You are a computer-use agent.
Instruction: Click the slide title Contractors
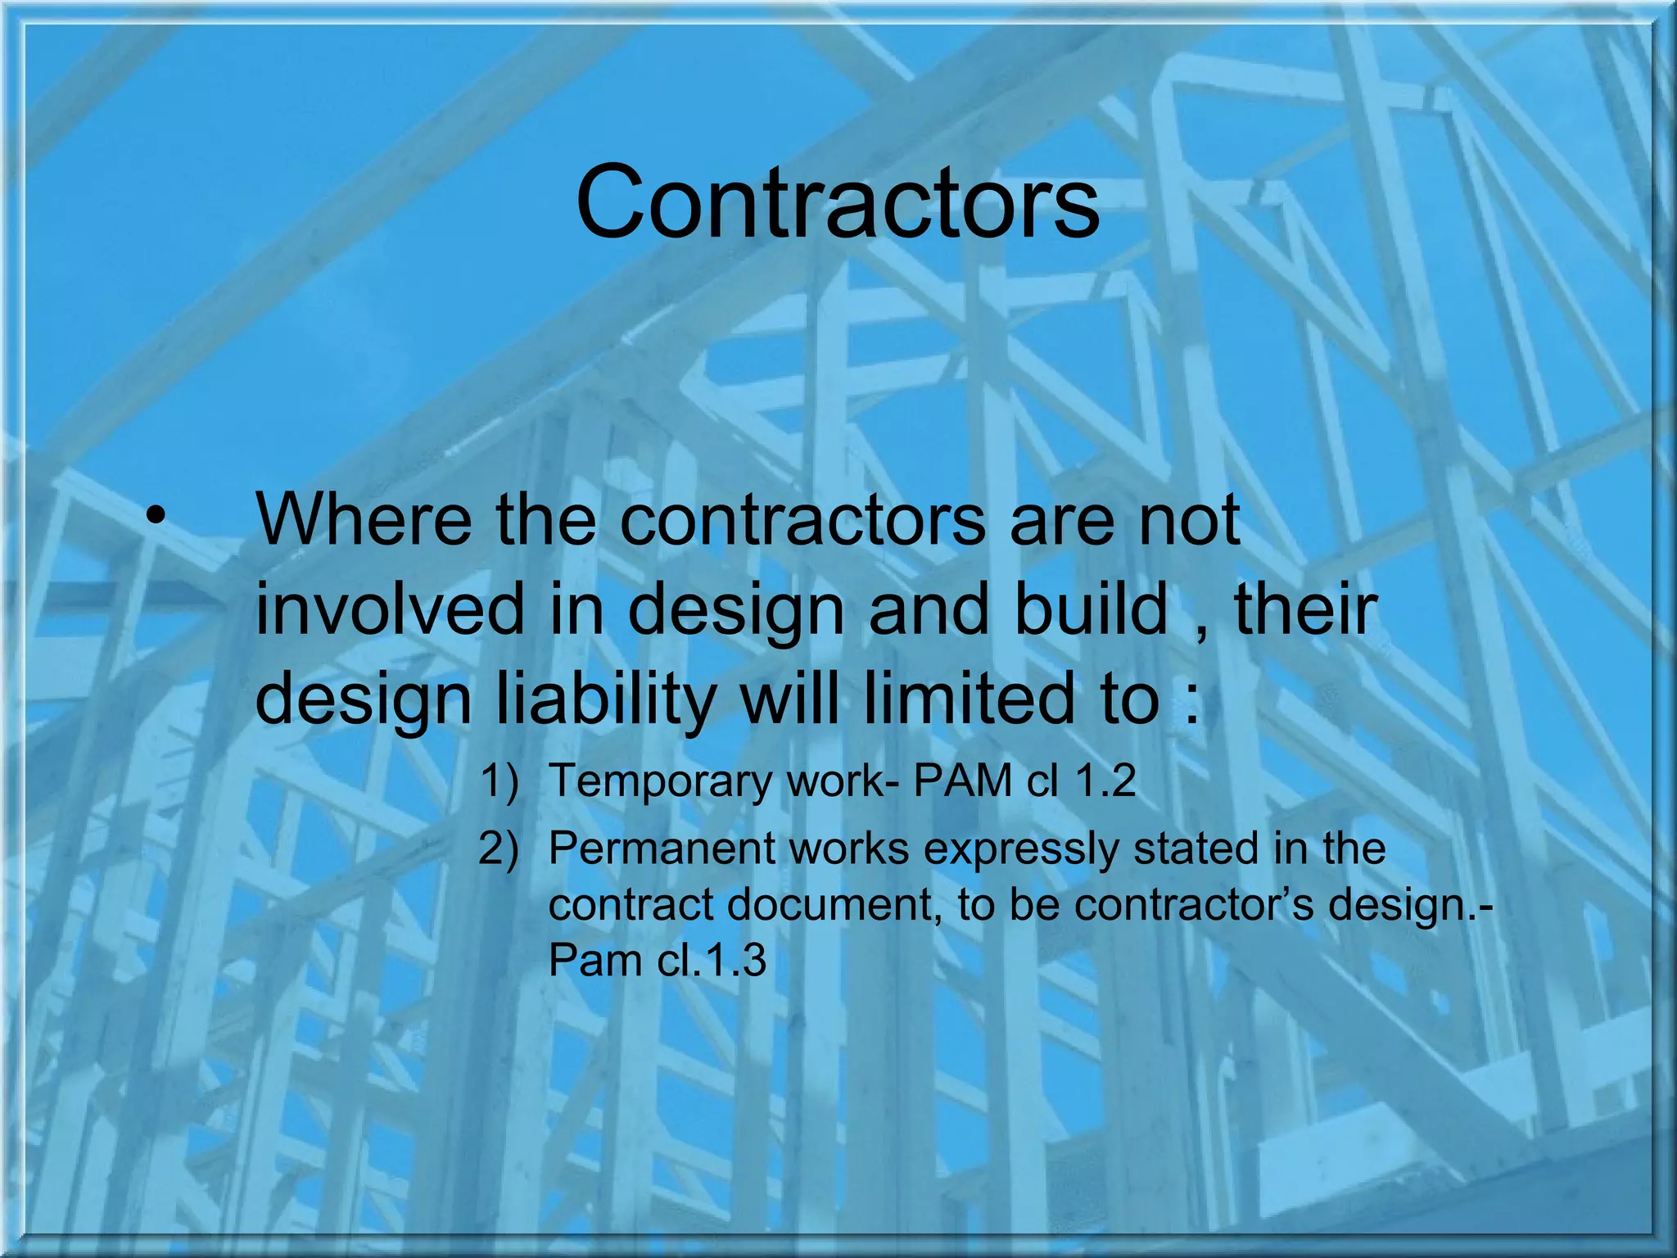[838, 202]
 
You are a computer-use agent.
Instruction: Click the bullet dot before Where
[156, 518]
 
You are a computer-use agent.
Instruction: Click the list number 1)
[499, 781]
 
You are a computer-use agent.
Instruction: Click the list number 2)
[499, 849]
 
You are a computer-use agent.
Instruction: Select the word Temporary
[660, 781]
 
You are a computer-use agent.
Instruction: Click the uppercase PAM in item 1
[962, 780]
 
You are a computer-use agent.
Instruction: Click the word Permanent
[662, 848]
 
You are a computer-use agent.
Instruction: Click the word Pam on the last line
[595, 960]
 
